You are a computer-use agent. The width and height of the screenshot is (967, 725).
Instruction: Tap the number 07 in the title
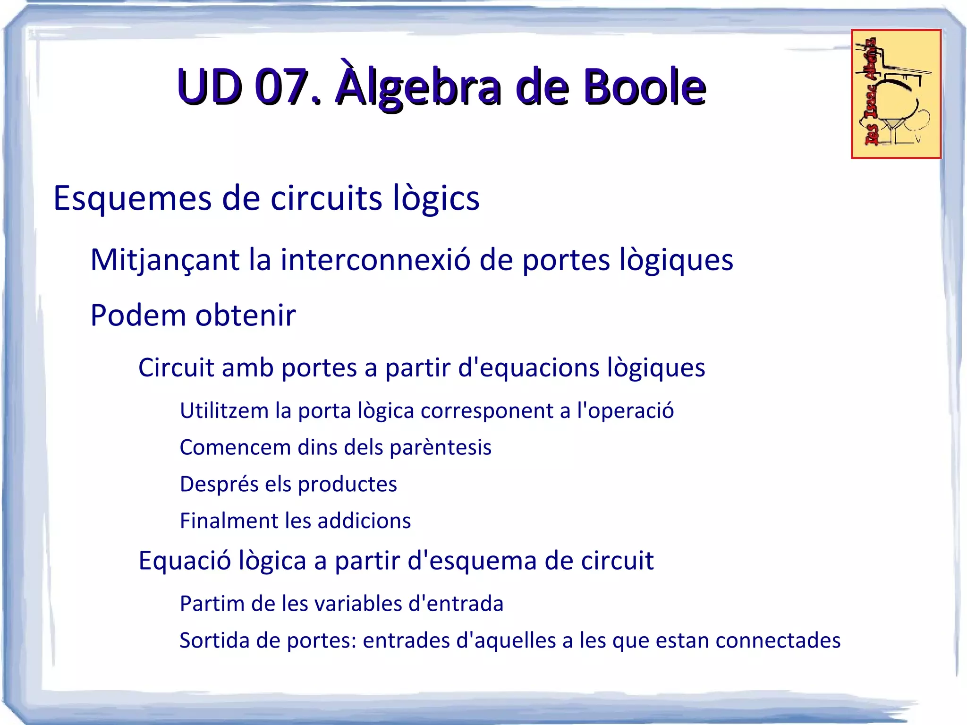(281, 87)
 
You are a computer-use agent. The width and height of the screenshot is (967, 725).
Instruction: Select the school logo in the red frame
(896, 94)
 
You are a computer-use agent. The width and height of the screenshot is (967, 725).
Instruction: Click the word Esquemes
(133, 198)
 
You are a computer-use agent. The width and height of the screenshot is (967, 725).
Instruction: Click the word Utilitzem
(224, 410)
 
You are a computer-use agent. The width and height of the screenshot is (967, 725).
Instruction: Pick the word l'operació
(625, 410)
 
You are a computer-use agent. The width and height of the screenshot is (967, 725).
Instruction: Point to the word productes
(347, 484)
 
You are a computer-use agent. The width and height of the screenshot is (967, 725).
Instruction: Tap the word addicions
(364, 520)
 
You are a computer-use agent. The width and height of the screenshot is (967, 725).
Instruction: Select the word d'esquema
(472, 561)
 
